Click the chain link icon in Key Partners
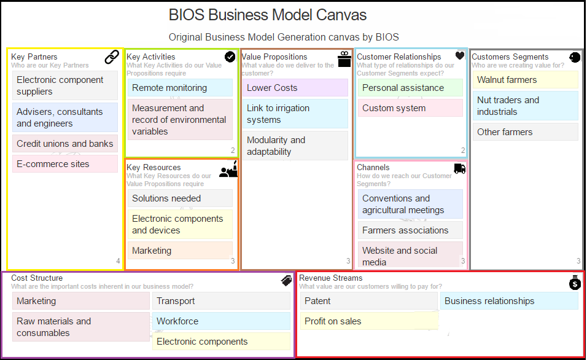[112, 57]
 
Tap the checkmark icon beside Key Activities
[230, 57]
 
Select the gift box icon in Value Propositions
[344, 58]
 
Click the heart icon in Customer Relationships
[460, 55]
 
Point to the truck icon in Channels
[459, 168]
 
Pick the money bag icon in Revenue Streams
[574, 283]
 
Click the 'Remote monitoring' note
[179, 88]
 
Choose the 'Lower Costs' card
[295, 88]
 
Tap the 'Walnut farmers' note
[526, 80]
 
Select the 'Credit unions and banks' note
[64, 144]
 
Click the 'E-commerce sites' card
[64, 164]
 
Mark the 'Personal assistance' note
[410, 88]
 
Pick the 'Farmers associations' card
[410, 230]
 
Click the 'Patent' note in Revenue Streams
[369, 301]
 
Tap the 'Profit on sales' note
[369, 321]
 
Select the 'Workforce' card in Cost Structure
[221, 321]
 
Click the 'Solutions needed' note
[179, 198]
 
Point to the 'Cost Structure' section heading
[37, 278]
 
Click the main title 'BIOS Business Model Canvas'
[268, 15]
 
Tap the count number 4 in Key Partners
[119, 261]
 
